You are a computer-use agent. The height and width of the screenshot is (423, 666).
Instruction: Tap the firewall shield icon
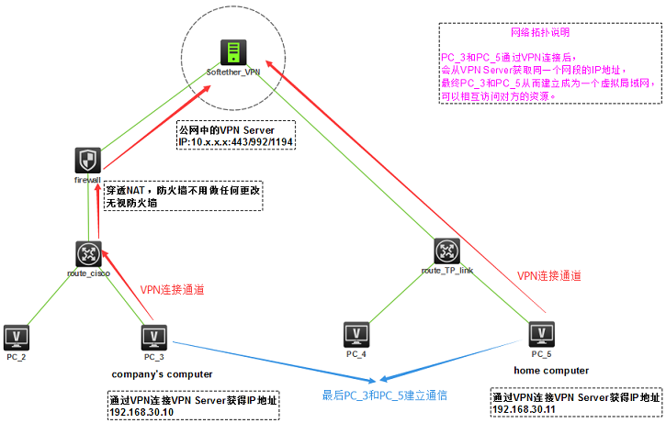(86, 161)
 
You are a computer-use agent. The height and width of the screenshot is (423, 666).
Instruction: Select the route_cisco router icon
(88, 252)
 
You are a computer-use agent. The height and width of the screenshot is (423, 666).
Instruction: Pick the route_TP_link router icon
(446, 250)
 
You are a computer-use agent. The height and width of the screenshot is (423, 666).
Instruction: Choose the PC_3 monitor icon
(154, 336)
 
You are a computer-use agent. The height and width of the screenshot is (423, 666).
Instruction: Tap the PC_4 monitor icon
(356, 334)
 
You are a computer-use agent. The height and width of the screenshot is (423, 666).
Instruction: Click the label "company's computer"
(162, 373)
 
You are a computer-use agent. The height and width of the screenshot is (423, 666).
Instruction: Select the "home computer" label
(551, 370)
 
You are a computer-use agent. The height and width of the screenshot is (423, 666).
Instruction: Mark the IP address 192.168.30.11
(525, 411)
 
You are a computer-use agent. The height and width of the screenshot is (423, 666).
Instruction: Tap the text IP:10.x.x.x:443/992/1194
(234, 140)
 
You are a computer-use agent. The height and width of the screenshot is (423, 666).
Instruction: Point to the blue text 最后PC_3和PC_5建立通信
(384, 395)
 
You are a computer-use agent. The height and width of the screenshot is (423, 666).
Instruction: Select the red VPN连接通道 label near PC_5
(549, 274)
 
